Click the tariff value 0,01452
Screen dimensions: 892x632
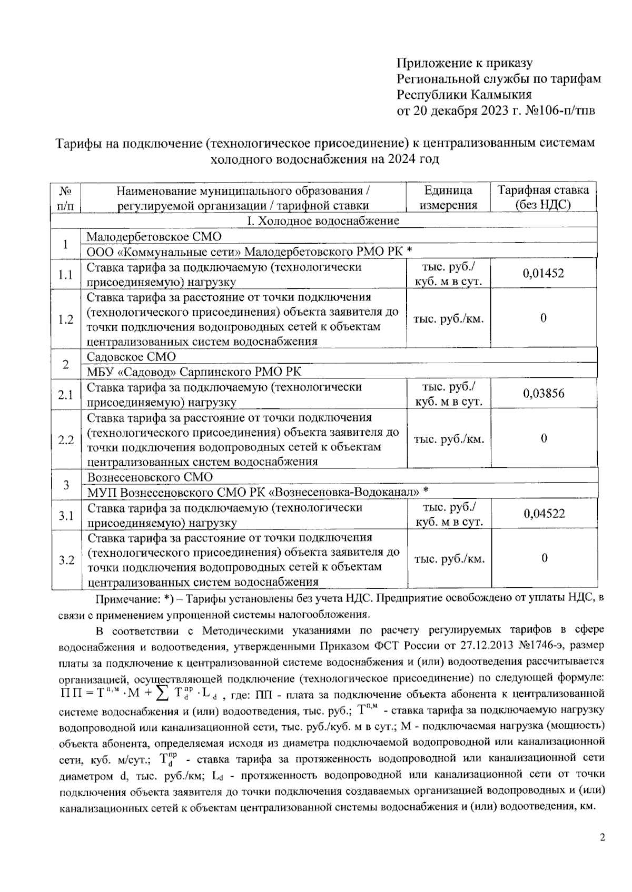[x=543, y=273]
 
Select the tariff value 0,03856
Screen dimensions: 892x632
[x=544, y=393]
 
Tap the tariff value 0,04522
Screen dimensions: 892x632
[x=544, y=514]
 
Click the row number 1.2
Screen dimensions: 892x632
[x=66, y=319]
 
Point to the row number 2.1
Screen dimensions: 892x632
[x=66, y=394]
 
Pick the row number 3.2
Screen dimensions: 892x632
[x=66, y=559]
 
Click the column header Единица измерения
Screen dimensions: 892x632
[x=448, y=197]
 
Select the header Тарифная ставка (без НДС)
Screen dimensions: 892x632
[x=543, y=197]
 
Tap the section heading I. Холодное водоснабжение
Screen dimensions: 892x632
[x=323, y=221]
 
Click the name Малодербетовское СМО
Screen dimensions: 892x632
[x=154, y=236]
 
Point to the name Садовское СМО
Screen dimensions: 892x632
[x=131, y=356]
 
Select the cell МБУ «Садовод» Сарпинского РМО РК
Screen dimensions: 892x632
[x=194, y=372]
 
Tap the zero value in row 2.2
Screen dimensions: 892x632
[x=544, y=438]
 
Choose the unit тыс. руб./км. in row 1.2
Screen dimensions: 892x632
[x=449, y=319]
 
